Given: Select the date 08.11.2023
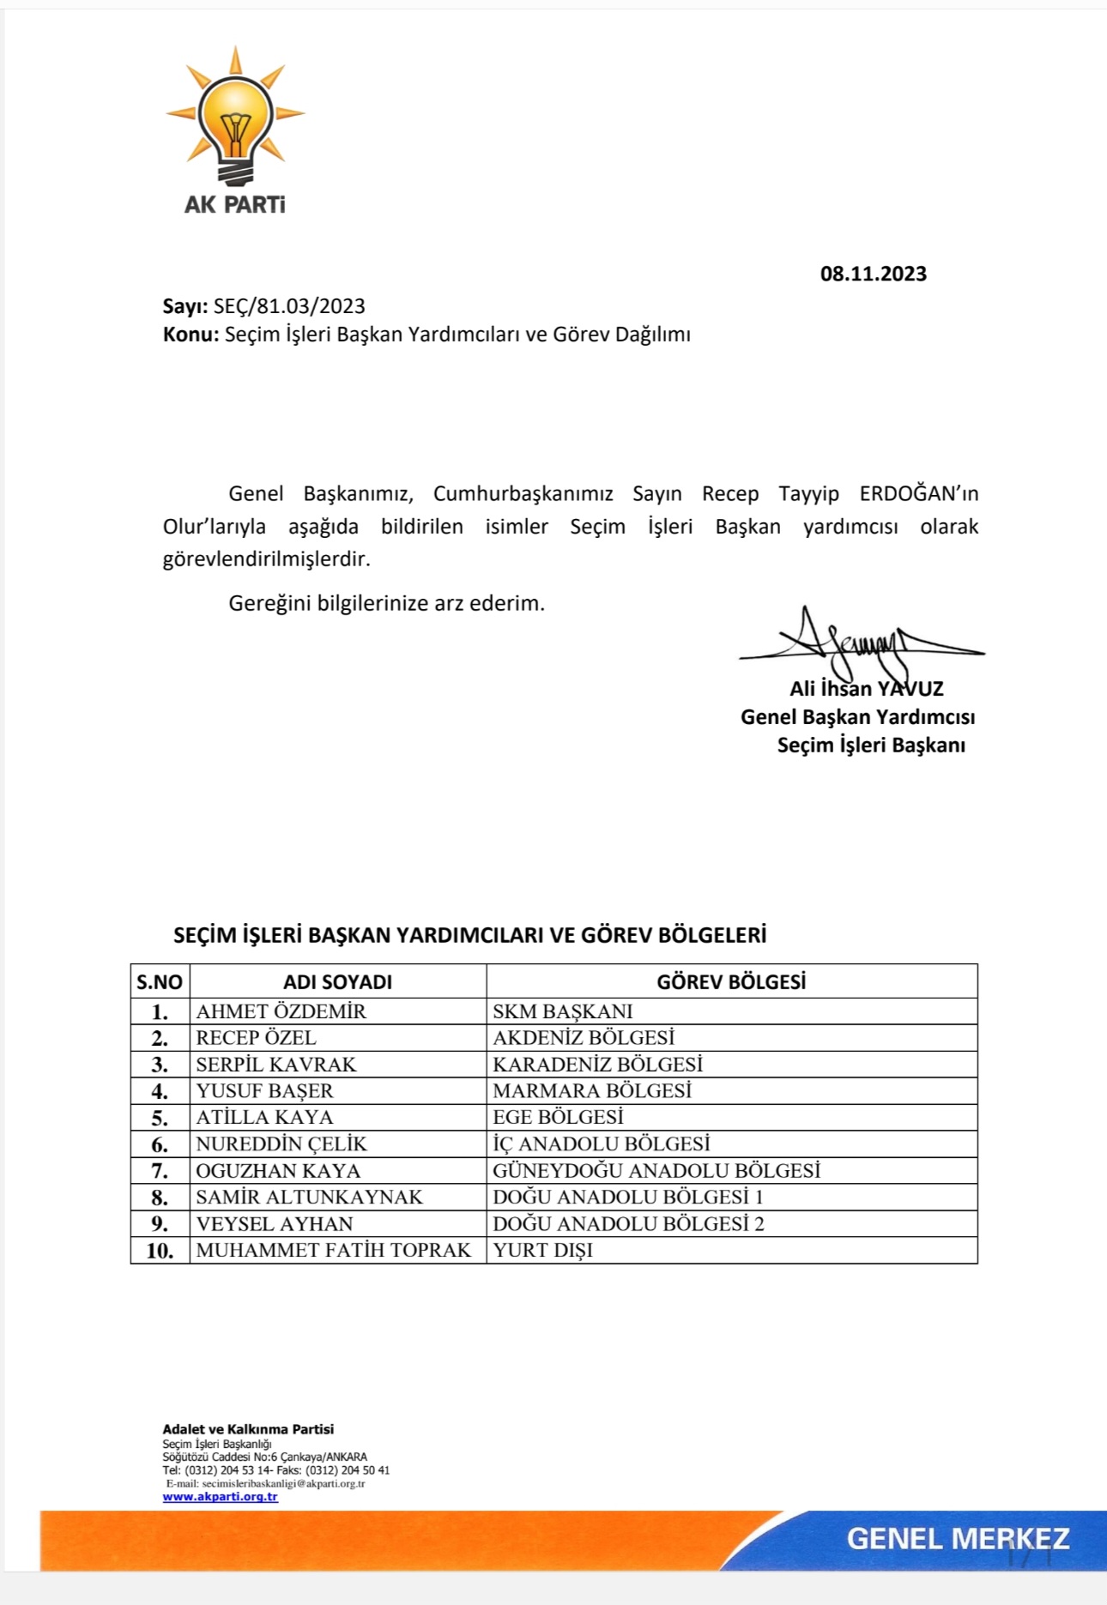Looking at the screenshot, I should pos(873,274).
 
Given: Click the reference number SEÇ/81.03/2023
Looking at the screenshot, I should pos(289,306).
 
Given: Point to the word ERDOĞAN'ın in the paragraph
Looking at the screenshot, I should pos(918,494).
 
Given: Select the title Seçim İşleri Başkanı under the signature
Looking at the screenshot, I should pos(870,745).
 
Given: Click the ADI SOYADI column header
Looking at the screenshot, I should pos(337,982).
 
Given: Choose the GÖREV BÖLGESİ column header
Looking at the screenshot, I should pos(731,982).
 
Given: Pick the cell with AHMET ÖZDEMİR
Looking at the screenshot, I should pos(281,1011).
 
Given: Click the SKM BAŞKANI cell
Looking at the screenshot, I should pos(562,1011).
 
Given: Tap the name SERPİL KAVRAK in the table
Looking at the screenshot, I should pos(275,1065).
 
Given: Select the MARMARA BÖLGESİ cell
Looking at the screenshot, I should pos(592,1091).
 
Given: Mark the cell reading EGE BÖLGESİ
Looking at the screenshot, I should pos(558,1118).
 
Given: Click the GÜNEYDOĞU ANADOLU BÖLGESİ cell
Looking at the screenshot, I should pos(656,1171).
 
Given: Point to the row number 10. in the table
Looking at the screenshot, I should pos(160,1251).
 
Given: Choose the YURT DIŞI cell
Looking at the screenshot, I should pos(542,1251).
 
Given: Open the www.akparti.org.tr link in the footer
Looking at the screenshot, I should pos(220,1496).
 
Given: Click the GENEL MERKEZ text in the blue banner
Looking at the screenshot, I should pos(958,1538).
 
